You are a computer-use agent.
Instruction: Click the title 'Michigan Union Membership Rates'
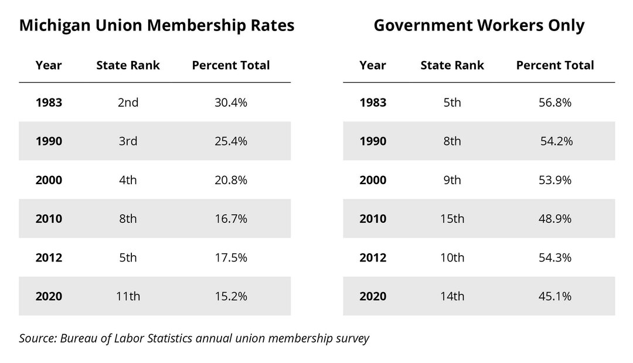pos(156,26)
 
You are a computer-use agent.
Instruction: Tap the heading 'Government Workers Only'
pos(479,26)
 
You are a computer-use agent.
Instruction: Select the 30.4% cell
pos(231,103)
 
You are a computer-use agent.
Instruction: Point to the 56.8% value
pos(555,103)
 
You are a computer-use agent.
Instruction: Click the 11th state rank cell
pos(128,296)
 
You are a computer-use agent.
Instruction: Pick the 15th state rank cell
pos(452,219)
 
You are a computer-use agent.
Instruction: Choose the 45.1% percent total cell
pos(555,296)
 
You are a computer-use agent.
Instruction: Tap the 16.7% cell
pos(231,219)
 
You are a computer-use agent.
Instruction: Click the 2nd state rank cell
pos(128,103)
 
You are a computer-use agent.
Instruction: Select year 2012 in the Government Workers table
pos(373,257)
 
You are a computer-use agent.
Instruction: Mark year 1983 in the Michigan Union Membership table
pos(49,103)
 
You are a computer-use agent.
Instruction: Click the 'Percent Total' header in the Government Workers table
pos(555,65)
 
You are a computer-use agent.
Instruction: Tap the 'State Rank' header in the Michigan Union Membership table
pos(128,65)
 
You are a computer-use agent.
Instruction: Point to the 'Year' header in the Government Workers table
pos(373,65)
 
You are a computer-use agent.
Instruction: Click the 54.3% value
pos(555,257)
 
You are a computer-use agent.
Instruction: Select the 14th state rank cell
pos(452,296)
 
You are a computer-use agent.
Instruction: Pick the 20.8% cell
pos(231,180)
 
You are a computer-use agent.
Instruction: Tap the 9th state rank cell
pos(452,180)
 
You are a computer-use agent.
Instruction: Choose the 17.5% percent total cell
pos(231,257)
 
